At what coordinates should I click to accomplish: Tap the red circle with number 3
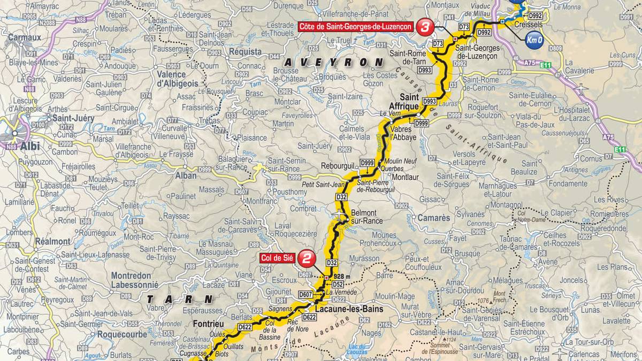point(426,26)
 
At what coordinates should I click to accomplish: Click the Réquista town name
point(245,52)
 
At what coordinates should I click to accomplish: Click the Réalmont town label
point(52,241)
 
